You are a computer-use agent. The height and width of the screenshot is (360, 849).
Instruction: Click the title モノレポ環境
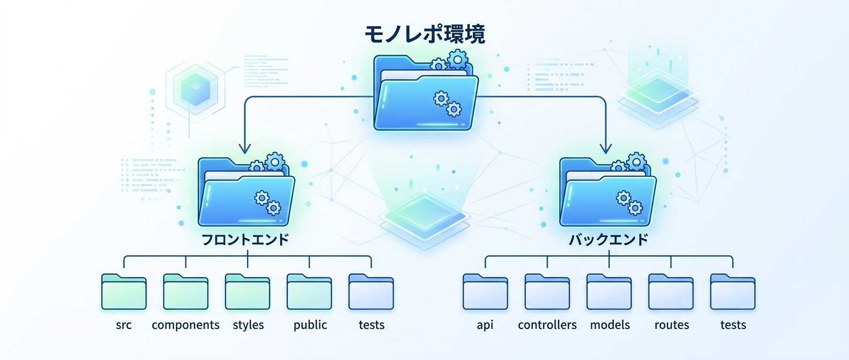pos(424,34)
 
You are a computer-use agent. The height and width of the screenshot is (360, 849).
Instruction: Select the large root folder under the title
pos(425,94)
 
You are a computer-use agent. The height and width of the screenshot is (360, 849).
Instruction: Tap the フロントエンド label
pos(245,239)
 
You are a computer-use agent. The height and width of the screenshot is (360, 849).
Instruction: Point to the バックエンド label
pos(608,239)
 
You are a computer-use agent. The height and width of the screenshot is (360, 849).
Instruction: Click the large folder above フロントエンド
pos(246,194)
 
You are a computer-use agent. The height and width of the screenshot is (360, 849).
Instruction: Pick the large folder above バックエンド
pos(608,194)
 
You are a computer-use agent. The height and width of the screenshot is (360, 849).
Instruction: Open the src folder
pos(124,292)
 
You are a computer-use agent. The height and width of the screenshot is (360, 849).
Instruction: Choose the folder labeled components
pos(185,292)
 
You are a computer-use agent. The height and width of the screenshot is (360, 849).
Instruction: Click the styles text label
pos(248,325)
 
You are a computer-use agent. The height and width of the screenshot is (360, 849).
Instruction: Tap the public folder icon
pos(309,292)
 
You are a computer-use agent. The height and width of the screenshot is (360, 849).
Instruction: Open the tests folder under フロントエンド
pos(371,292)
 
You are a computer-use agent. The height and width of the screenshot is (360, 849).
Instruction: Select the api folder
pos(485,292)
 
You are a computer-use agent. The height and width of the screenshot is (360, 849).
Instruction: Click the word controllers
pos(547,325)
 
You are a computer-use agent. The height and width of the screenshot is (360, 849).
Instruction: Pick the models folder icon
pos(609,292)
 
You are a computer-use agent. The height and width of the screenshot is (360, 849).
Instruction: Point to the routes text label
pos(672,325)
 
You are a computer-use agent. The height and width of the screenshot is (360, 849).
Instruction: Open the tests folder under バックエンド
pos(733,292)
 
